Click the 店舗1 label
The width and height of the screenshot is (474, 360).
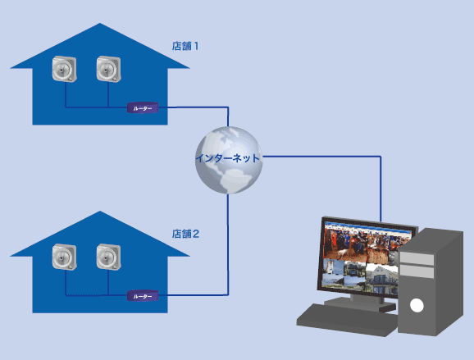pos(185,46)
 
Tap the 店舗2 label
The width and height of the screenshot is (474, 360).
pos(185,234)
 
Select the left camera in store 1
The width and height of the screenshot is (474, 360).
pos(64,69)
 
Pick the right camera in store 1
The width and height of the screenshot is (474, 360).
pos(108,69)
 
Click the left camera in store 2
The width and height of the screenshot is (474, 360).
pos(64,257)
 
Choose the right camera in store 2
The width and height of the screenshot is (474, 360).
pos(108,257)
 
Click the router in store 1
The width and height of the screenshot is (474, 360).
pos(143,108)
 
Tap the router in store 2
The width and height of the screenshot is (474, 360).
pos(143,296)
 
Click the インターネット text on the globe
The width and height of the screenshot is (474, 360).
pos(228,158)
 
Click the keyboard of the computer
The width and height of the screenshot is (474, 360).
pos(347,320)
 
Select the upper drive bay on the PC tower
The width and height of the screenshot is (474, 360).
pos(417,259)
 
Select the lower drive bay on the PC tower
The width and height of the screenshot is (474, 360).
pos(417,271)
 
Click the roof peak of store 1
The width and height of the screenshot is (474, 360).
pos(100,24)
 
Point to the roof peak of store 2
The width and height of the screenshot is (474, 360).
pos(100,212)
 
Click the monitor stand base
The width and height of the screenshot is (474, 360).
pos(360,304)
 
